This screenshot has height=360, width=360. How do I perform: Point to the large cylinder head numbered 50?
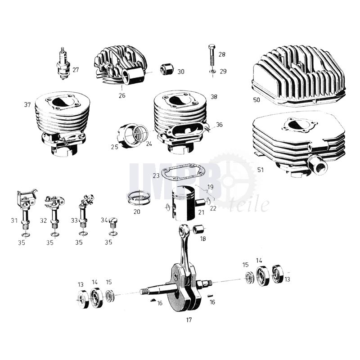pos(298,75)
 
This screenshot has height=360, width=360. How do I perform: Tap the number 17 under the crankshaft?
pos(189,320)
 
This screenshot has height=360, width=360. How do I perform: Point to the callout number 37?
pos(27,105)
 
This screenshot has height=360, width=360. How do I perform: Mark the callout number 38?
pos(214,97)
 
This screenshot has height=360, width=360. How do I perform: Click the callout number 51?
pos(261,170)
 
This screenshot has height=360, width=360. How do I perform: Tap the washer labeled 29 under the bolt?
pos(212,72)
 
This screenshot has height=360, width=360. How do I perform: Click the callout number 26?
pos(122,95)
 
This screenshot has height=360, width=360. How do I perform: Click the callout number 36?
pos(219,125)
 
